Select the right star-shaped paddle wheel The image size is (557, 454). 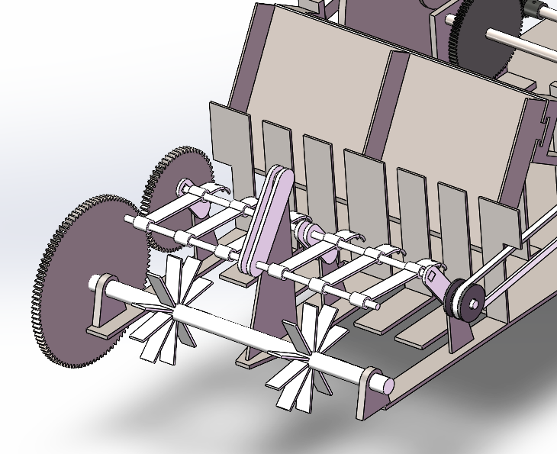[304, 358]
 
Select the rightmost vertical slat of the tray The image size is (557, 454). [499, 222]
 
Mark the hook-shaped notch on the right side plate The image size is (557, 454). [546, 122]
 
